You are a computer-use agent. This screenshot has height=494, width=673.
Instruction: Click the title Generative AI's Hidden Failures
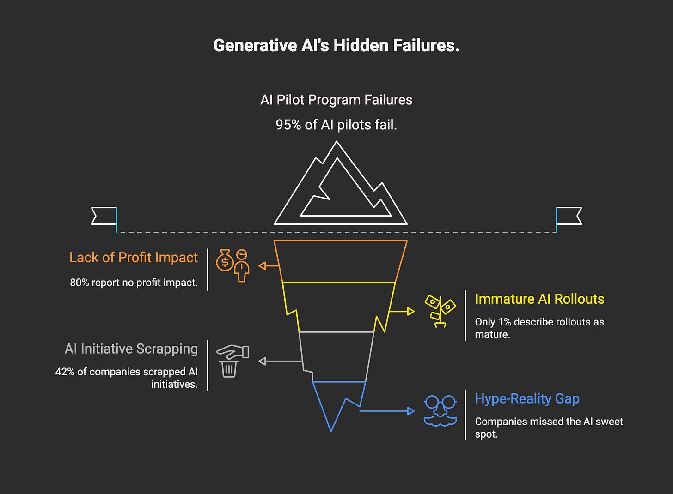[336, 46]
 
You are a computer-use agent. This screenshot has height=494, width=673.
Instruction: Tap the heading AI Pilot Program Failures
[336, 100]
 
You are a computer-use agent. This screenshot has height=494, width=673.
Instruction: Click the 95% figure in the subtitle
[288, 125]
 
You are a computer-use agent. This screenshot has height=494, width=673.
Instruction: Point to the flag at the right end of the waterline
[569, 216]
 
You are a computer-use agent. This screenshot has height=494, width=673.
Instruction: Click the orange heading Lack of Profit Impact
[134, 257]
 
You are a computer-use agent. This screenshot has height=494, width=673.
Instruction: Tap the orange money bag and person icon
[233, 265]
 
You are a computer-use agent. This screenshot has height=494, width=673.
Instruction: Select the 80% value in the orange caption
[79, 283]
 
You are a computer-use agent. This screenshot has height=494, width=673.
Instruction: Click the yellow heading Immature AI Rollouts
[539, 299]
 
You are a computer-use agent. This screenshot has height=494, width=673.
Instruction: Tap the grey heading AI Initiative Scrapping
[131, 349]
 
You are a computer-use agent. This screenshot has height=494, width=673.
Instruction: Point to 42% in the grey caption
[65, 372]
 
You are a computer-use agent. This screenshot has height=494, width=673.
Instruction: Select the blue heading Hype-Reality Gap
[527, 398]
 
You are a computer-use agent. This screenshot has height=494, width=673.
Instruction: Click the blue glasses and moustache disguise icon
[440, 410]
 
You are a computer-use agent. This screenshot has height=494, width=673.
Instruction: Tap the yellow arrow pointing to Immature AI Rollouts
[402, 312]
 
